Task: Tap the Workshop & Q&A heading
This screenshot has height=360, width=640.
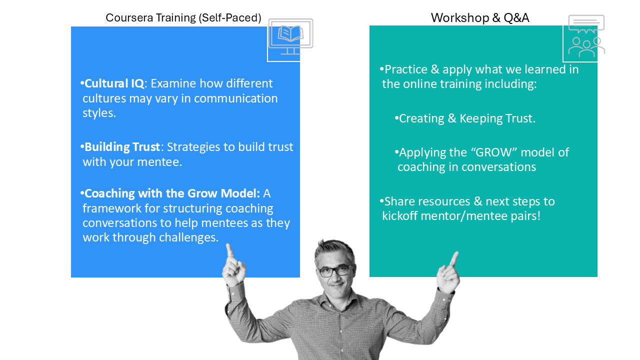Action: click(480, 17)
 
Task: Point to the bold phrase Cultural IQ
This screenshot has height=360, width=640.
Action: click(114, 83)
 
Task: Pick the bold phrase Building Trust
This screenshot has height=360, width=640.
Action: click(122, 147)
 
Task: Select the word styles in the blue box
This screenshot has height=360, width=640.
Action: click(99, 113)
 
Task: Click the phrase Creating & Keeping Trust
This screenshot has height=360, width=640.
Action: click(467, 118)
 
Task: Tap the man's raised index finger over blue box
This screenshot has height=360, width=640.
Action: click(229, 251)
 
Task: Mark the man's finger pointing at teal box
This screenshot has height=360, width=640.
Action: click(454, 258)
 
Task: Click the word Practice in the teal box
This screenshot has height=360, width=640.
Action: click(405, 69)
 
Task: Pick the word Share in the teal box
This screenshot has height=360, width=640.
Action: click(399, 201)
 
